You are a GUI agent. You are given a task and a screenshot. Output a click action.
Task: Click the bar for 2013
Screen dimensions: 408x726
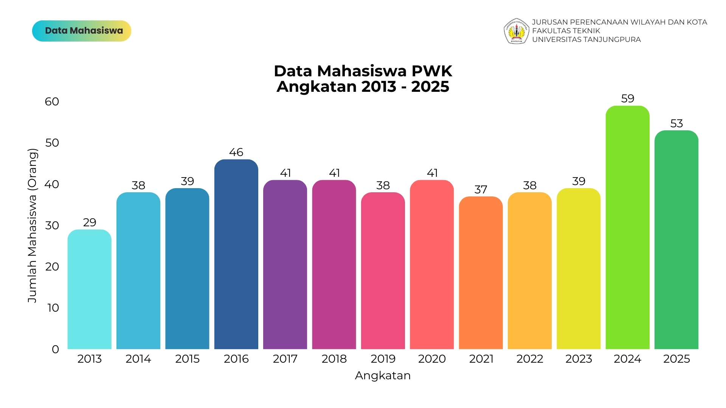[x=90, y=289]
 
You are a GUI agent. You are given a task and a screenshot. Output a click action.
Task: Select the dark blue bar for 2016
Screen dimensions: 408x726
[x=236, y=254]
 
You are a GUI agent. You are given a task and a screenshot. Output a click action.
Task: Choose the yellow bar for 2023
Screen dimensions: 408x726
[x=579, y=269]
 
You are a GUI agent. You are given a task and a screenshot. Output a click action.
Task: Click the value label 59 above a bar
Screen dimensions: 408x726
[x=628, y=99]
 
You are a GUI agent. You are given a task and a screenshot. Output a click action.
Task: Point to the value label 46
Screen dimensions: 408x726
[x=236, y=152]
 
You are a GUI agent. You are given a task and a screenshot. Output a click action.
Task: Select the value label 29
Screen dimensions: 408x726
[x=90, y=223]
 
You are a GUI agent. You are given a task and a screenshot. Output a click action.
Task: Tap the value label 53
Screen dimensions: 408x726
[x=676, y=124]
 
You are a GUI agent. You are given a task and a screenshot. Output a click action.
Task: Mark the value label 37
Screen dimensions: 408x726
[x=481, y=190]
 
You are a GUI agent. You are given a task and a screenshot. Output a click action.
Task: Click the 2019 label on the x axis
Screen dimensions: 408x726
[x=383, y=359]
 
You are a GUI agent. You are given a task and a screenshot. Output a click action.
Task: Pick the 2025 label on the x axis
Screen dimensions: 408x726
[x=676, y=359]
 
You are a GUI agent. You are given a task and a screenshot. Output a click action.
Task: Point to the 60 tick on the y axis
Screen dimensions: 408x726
[x=52, y=102]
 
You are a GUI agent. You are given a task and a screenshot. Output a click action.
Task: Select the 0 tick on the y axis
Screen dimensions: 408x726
[x=56, y=349]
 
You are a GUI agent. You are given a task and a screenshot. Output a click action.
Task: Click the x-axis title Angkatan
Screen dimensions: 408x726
[x=383, y=376]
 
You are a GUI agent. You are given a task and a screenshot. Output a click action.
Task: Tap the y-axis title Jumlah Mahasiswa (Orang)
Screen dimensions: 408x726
[x=33, y=226]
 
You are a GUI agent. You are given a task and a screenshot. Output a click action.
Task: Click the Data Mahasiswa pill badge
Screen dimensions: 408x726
[x=82, y=31]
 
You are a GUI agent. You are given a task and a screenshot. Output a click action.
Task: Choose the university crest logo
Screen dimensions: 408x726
[x=517, y=31]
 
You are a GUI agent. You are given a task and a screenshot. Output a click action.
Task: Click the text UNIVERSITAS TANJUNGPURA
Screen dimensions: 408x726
[x=586, y=40]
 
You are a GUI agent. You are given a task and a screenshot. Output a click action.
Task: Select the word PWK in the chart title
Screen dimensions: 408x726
[x=432, y=71]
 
